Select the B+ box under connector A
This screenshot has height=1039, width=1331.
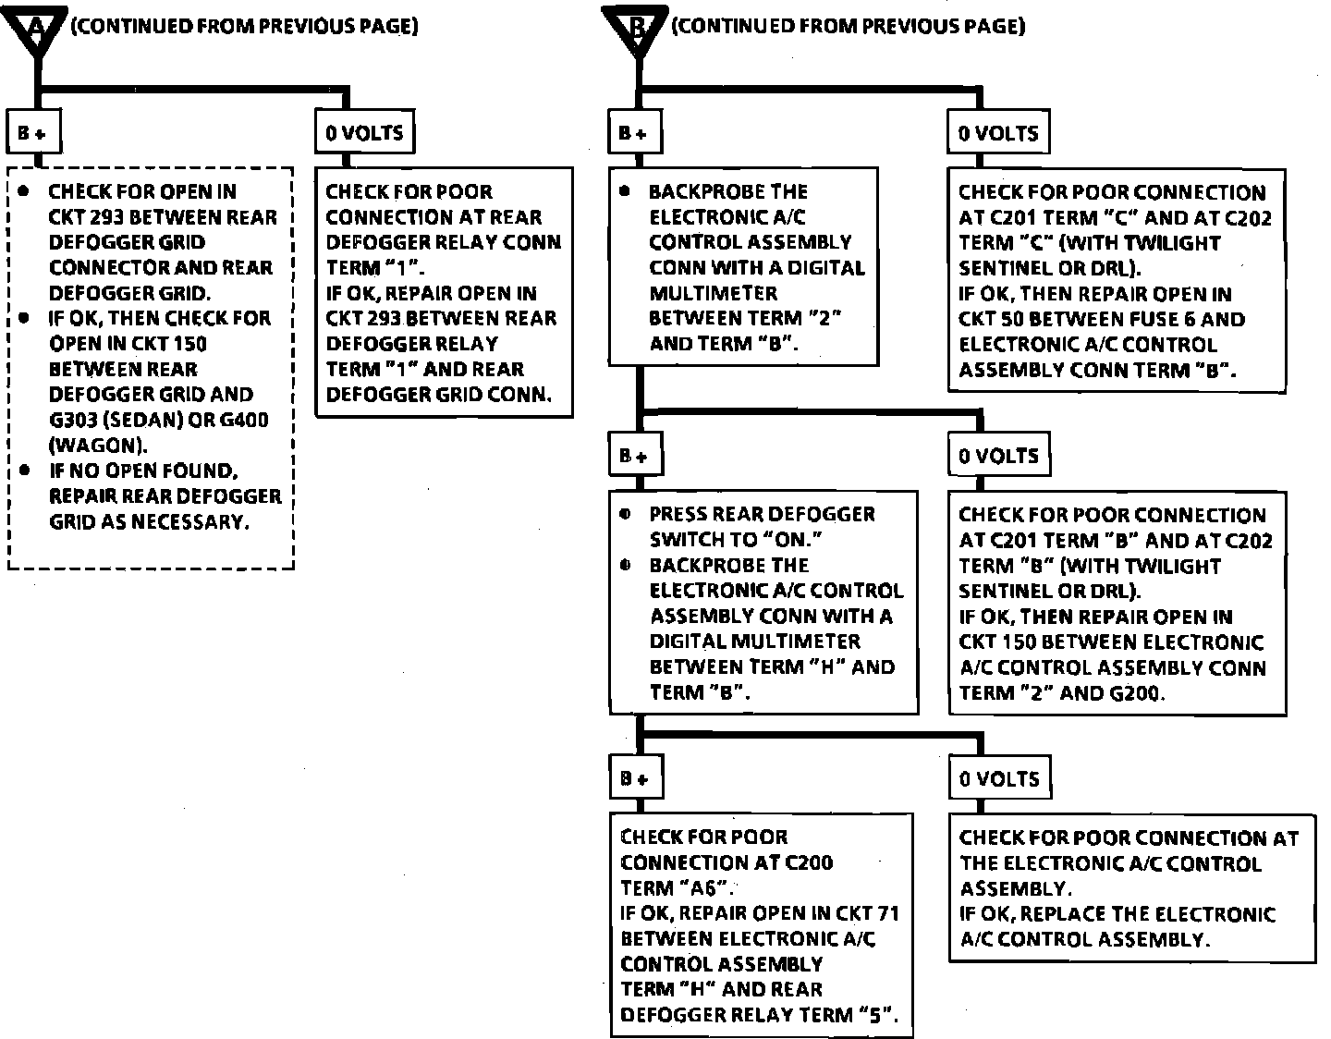coord(32,133)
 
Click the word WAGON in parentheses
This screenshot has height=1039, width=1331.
coord(96,445)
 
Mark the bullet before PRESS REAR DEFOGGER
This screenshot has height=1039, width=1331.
coord(627,514)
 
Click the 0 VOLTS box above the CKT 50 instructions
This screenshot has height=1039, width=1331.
coord(998,133)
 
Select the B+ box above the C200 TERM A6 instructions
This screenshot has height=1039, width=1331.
coord(633,778)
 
